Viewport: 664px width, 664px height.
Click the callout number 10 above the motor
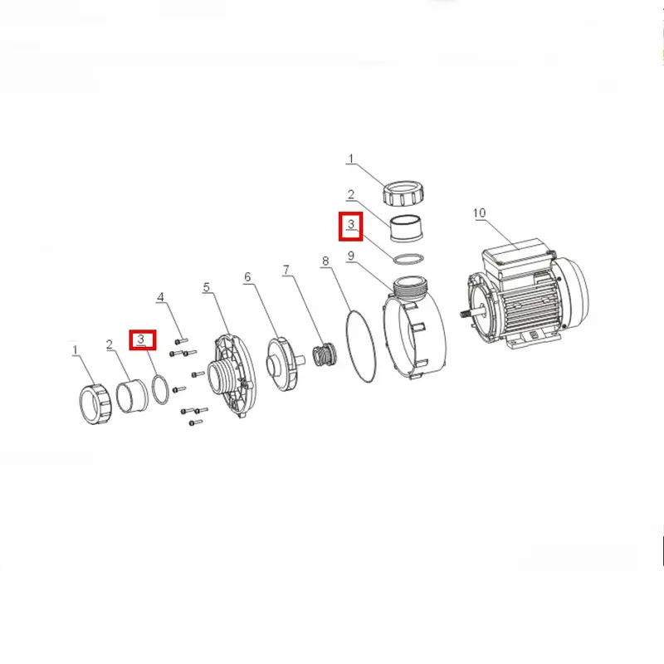click(479, 213)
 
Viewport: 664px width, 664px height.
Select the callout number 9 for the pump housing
click(350, 256)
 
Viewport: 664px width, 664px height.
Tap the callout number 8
click(325, 261)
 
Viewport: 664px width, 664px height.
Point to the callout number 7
click(286, 270)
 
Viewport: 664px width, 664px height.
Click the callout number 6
click(247, 277)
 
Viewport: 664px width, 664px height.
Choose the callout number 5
click(206, 287)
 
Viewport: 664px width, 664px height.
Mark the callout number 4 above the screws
click(160, 297)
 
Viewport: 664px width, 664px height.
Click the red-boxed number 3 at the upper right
click(350, 223)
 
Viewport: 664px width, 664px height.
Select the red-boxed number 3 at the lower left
click(141, 339)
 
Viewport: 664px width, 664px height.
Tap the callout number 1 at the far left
click(76, 350)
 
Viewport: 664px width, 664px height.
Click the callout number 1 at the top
click(350, 159)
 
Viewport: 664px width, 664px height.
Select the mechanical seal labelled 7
click(325, 355)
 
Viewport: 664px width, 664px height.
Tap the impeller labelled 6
click(282, 364)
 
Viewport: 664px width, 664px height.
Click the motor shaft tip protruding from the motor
click(462, 315)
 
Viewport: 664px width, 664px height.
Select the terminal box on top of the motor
click(517, 258)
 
